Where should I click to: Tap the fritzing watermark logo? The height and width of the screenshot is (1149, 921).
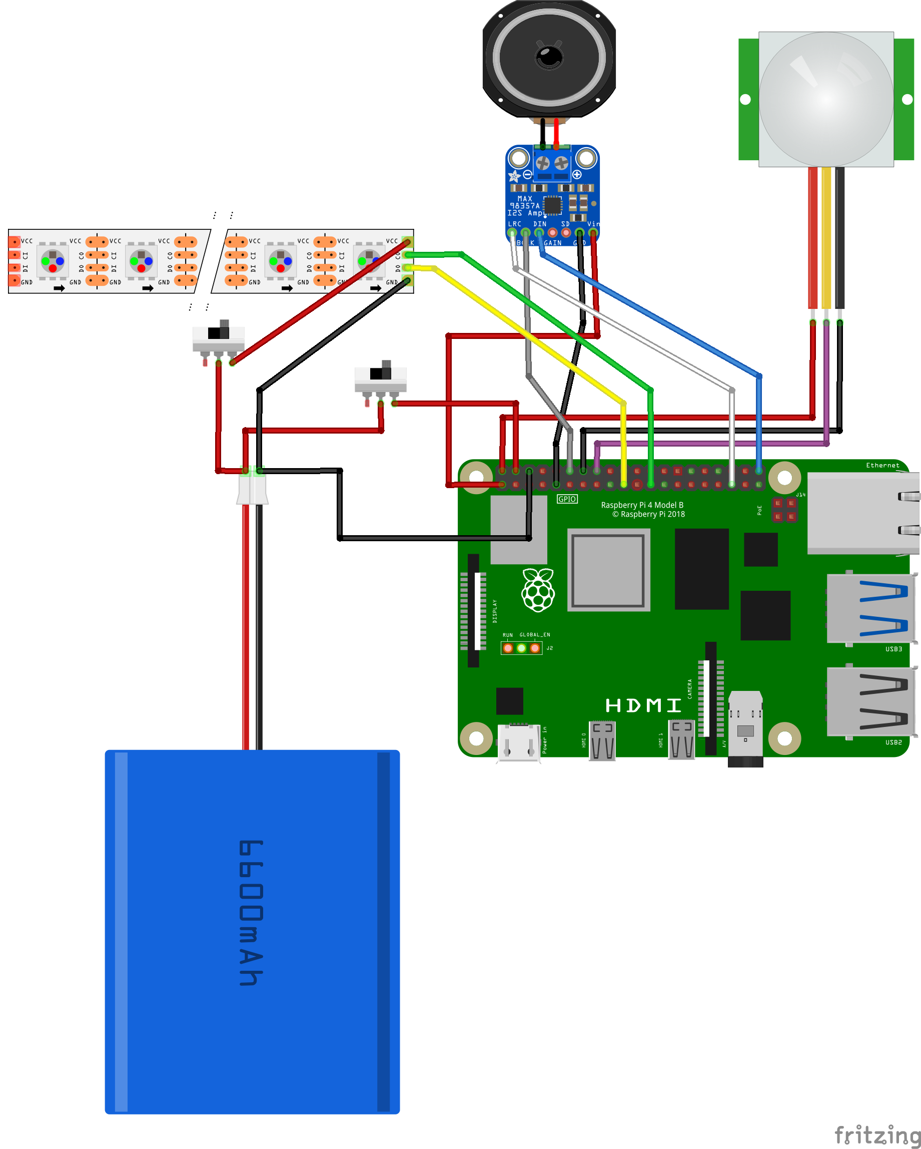pyautogui.click(x=876, y=1134)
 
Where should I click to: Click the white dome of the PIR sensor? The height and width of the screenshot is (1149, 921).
pyautogui.click(x=825, y=99)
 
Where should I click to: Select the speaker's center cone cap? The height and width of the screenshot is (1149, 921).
pyautogui.click(x=549, y=56)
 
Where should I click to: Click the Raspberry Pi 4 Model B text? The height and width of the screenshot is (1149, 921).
pyautogui.click(x=642, y=505)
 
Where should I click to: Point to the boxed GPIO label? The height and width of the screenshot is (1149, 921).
pyautogui.click(x=567, y=499)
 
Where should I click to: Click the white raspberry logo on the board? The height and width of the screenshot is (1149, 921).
pyautogui.click(x=538, y=590)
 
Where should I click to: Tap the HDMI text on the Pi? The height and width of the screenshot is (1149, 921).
pyautogui.click(x=643, y=705)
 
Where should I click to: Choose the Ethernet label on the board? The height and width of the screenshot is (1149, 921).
pyautogui.click(x=882, y=465)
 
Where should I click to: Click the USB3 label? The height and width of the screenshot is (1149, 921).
pyautogui.click(x=893, y=649)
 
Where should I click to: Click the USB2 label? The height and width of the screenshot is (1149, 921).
pyautogui.click(x=893, y=742)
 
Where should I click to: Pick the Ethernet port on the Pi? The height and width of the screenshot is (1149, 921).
pyautogui.click(x=863, y=513)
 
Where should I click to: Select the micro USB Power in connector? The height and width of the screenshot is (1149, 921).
pyautogui.click(x=518, y=742)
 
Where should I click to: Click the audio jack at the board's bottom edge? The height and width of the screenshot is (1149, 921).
pyautogui.click(x=745, y=730)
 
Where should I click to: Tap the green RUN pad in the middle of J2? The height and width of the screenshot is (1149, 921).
pyautogui.click(x=521, y=648)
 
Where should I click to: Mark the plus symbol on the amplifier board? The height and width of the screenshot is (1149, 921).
pyautogui.click(x=577, y=174)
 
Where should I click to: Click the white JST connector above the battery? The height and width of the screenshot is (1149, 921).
pyautogui.click(x=252, y=488)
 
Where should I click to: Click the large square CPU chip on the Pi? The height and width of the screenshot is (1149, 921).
pyautogui.click(x=608, y=570)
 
